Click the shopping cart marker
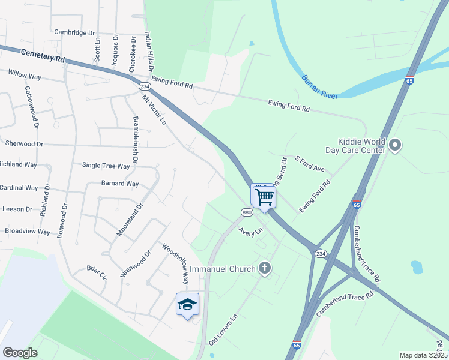pyautogui.click(x=264, y=197)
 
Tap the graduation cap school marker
pyautogui.click(x=188, y=305)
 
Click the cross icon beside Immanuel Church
pyautogui.click(x=265, y=269)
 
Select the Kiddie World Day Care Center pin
pyautogui.click(x=395, y=145)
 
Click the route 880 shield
pyautogui.click(x=247, y=213)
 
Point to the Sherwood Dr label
pyautogui.click(x=24, y=144)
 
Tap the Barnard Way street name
pyautogui.click(x=120, y=184)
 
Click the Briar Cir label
pyautogui.click(x=96, y=272)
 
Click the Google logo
pyautogui.click(x=20, y=353)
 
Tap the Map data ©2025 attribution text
pyautogui.click(x=423, y=355)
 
